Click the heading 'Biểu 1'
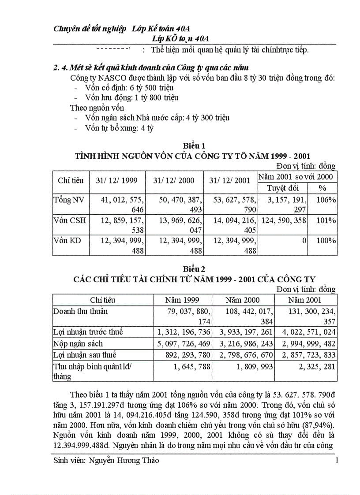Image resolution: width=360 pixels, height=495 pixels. click(193, 146)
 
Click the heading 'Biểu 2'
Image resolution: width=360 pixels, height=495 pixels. click(193, 268)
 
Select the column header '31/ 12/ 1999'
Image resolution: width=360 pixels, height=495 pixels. click(117, 181)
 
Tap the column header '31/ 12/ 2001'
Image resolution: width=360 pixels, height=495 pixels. click(229, 181)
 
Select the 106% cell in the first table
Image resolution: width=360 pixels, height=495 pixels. click(326, 200)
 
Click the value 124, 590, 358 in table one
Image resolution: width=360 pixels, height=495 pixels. click(282, 220)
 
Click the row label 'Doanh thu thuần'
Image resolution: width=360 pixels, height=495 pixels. click(80, 312)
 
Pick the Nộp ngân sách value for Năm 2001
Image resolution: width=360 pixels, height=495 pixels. click(305, 343)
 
